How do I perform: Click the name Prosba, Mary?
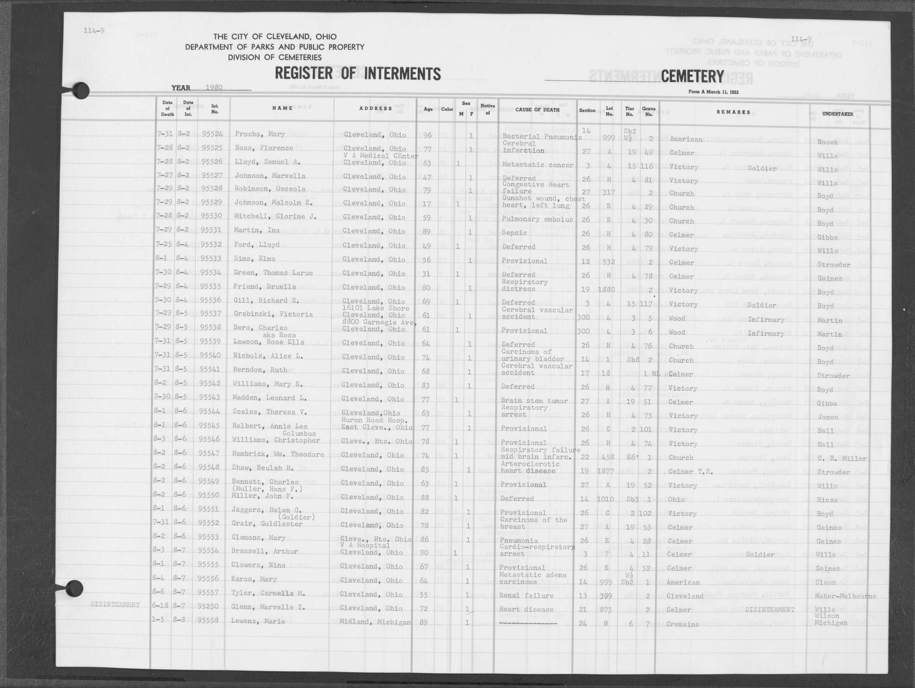pos(254,134)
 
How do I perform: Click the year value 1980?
pos(214,88)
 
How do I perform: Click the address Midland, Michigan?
pos(374,622)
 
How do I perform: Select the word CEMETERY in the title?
pos(692,77)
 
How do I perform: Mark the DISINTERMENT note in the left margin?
pos(115,605)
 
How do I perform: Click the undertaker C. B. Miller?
pos(842,458)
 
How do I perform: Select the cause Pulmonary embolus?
pos(537,219)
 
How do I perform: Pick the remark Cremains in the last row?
pos(682,624)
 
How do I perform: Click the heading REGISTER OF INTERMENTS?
pos(358,74)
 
